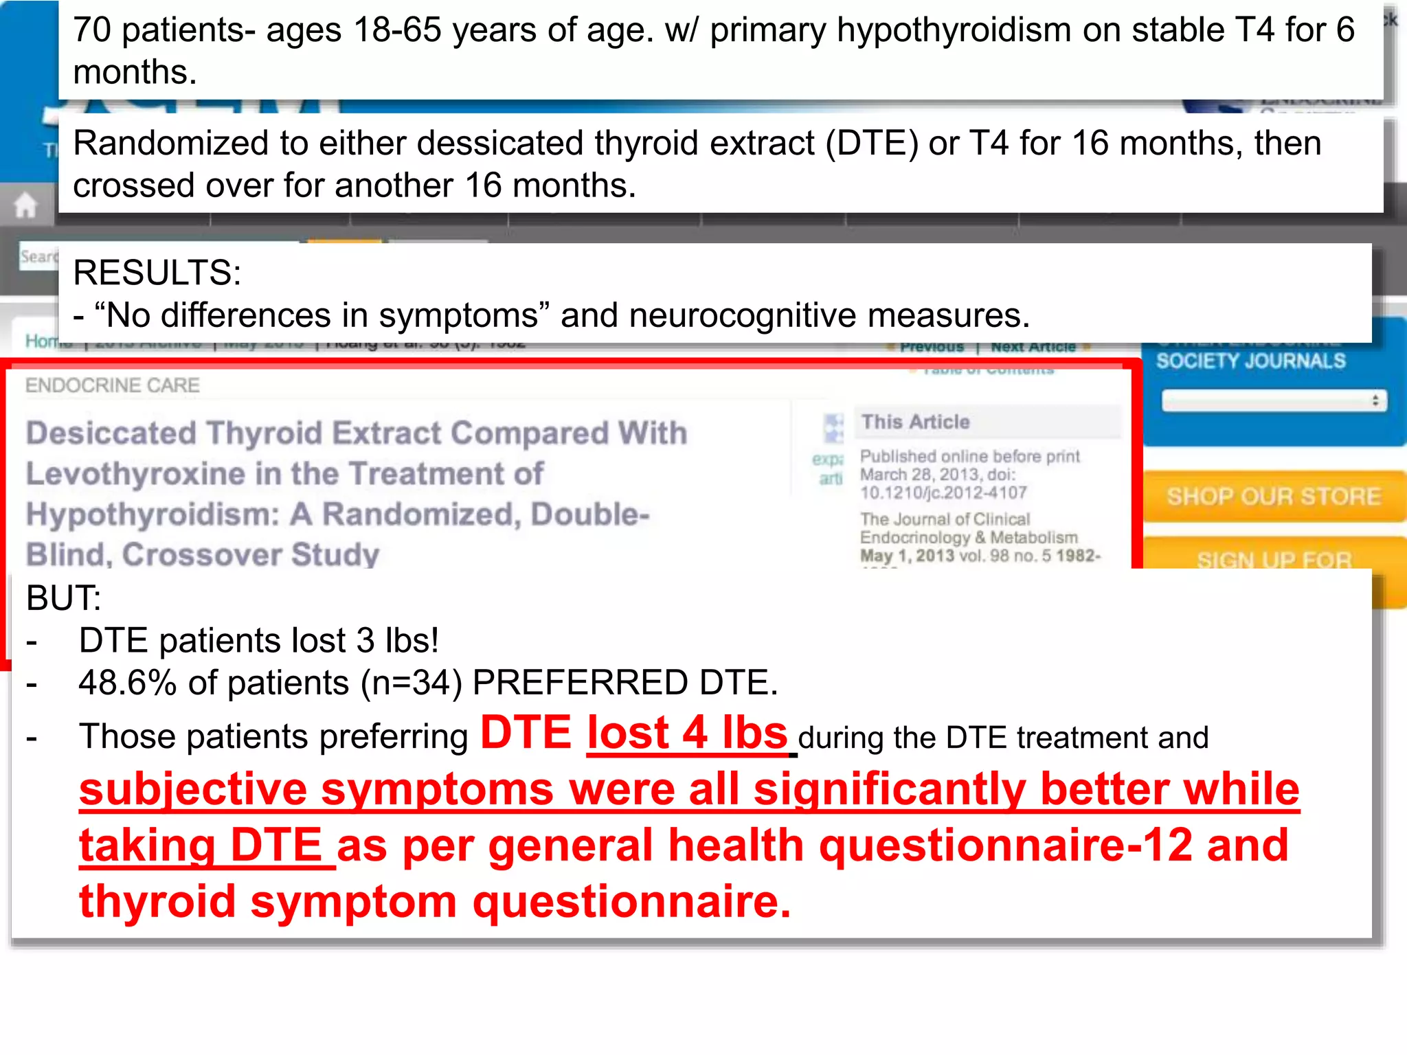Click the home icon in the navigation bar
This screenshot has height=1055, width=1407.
point(25,205)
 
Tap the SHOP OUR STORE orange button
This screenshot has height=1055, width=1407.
point(1273,497)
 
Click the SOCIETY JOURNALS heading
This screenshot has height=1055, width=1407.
point(1250,361)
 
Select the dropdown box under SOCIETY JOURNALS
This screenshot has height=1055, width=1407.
point(1274,401)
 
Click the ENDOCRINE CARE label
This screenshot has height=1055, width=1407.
point(113,385)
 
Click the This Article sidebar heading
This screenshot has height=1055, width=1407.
point(915,422)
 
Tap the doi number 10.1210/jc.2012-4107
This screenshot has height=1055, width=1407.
point(943,492)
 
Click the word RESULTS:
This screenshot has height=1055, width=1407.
point(157,273)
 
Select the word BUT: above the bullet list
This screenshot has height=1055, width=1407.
point(63,598)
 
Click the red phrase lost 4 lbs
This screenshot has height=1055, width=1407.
point(686,734)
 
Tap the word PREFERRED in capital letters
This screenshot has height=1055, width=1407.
point(580,683)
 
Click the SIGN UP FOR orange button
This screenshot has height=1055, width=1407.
point(1273,560)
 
